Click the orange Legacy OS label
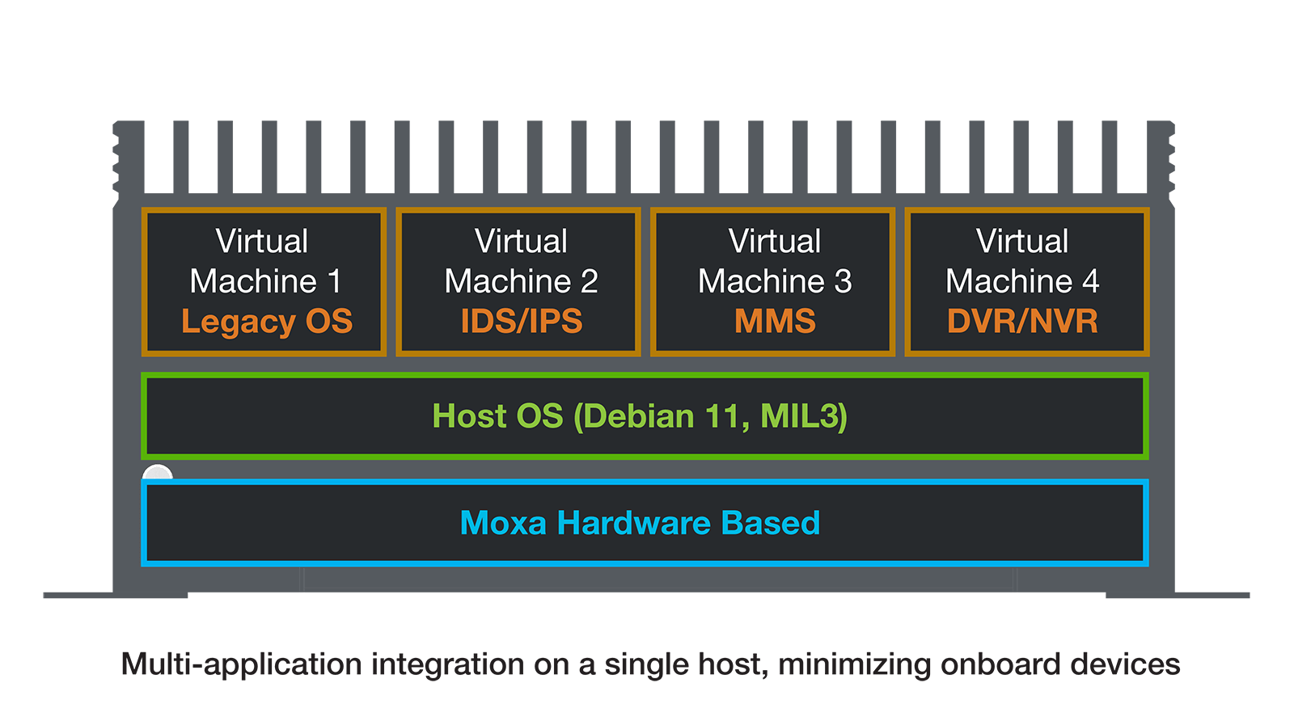tap(267, 322)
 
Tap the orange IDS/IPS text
tap(521, 322)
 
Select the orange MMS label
tap(775, 322)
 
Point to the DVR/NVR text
tap(1022, 322)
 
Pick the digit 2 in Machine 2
tap(589, 281)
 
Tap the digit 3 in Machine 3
tap(843, 281)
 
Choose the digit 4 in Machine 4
tap(1090, 281)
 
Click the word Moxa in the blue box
tap(503, 523)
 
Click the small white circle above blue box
tap(158, 473)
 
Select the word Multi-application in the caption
tap(241, 664)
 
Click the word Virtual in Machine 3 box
tap(774, 241)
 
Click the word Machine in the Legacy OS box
tap(253, 281)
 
